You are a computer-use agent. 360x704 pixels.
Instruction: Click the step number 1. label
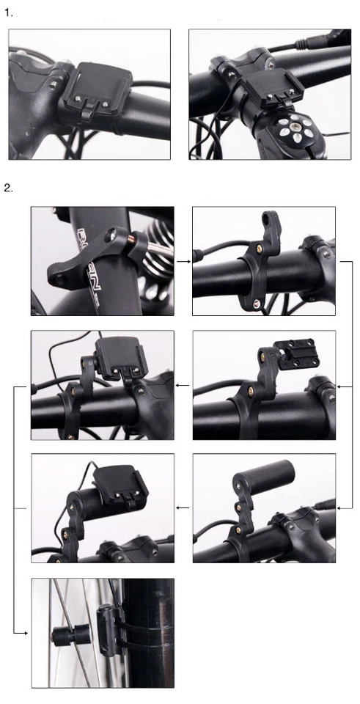[x=9, y=12]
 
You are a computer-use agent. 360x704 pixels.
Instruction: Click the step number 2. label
[x=9, y=188]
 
